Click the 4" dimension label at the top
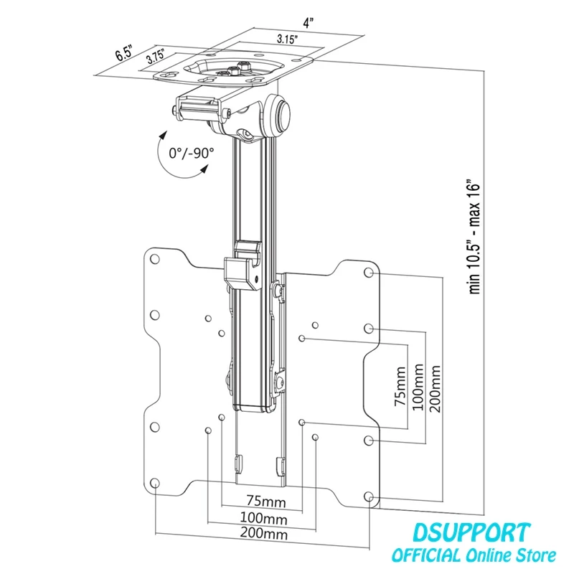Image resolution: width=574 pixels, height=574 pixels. click(309, 24)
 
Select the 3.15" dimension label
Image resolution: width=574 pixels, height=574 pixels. click(287, 39)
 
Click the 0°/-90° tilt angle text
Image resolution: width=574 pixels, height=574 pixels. click(192, 153)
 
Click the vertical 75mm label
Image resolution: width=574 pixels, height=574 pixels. click(400, 386)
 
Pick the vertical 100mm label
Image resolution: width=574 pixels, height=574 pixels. click(418, 387)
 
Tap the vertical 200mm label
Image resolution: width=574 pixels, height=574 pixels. click(435, 388)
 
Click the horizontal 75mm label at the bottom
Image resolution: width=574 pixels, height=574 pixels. click(266, 501)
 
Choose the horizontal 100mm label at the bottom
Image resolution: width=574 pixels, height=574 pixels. click(263, 518)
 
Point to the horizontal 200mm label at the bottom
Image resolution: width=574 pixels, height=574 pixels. click(263, 533)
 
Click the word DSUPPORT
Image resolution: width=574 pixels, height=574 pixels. click(471, 532)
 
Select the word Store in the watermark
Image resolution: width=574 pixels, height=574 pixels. click(536, 555)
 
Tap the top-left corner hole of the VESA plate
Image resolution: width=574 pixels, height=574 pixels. click(155, 259)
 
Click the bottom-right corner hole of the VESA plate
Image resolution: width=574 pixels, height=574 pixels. click(369, 497)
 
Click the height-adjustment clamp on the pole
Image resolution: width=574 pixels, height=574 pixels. click(243, 263)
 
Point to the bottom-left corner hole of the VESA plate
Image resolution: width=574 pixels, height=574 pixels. click(155, 482)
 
